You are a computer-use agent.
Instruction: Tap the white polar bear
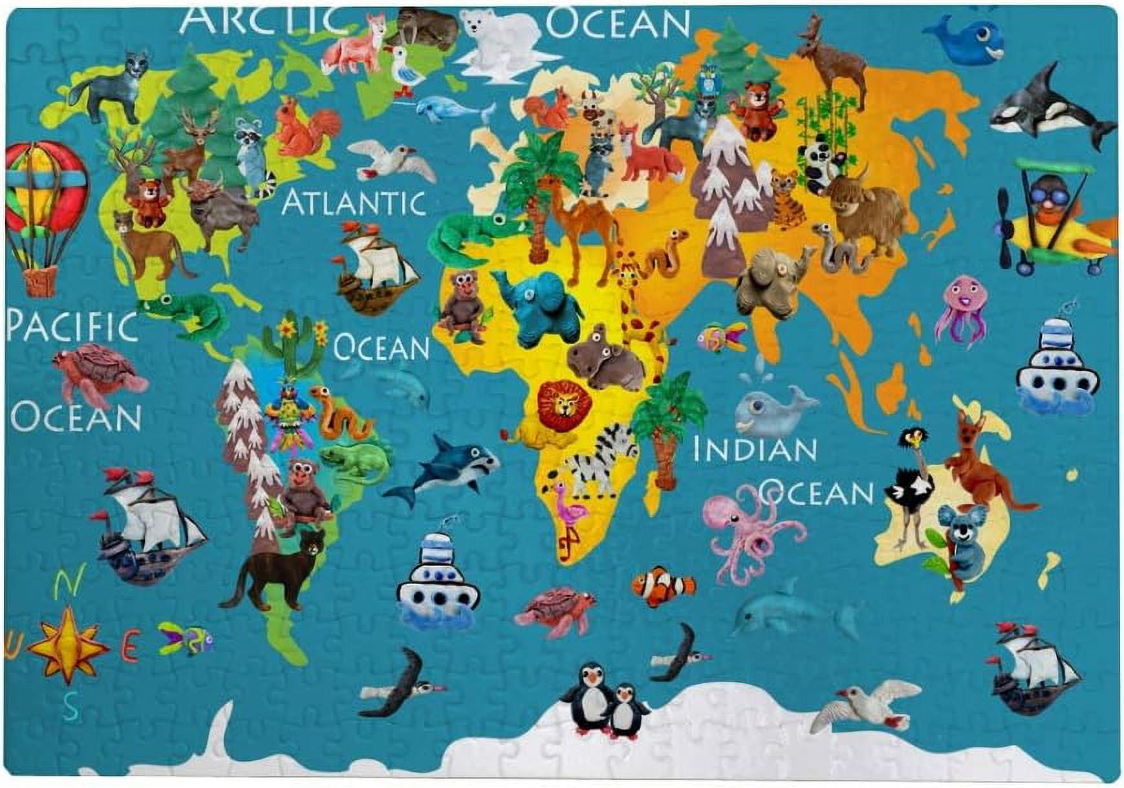coord(499,39)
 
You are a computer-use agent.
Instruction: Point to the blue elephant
coord(543,307)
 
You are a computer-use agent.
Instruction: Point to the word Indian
coord(754,450)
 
